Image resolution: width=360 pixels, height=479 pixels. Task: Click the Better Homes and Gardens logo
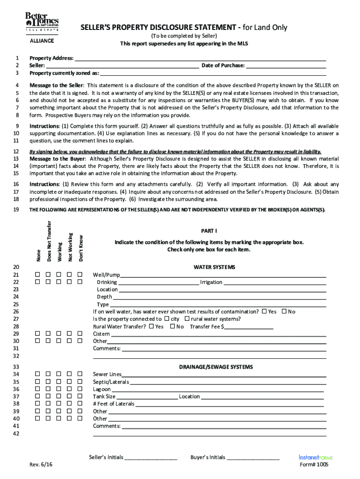coord(42,22)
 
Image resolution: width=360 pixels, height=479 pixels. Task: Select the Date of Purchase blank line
coord(286,66)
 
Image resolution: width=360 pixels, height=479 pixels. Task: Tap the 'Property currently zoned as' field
coord(213,73)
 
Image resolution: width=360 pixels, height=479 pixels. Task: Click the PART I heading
coord(209,231)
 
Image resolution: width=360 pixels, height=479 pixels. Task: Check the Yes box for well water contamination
coord(265,312)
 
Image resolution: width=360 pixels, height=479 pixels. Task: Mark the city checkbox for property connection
coord(167,319)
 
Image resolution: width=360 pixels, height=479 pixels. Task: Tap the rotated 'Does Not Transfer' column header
coord(49,241)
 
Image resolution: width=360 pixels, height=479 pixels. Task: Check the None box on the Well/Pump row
coord(36,275)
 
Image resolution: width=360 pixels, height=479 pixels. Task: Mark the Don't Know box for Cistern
coord(80,334)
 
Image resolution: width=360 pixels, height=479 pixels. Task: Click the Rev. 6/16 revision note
coord(40,465)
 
